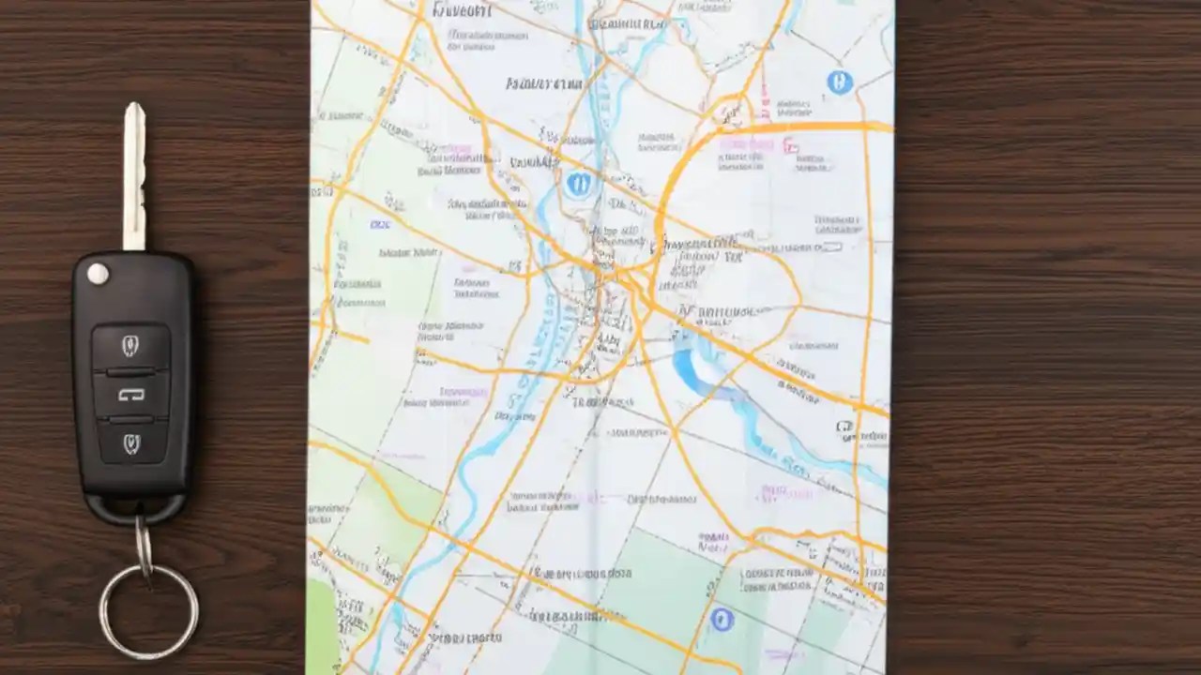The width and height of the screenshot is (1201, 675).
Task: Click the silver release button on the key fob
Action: click(98, 274)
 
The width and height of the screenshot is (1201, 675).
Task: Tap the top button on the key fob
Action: click(130, 346)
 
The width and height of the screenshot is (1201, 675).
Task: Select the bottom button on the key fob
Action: click(130, 443)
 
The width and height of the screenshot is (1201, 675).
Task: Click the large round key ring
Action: click(149, 610)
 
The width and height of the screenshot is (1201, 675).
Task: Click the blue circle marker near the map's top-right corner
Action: click(840, 82)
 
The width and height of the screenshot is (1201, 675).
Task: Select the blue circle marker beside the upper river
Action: click(580, 184)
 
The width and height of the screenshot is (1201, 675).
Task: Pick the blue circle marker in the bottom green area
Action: click(721, 619)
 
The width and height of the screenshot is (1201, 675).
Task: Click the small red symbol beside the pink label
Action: click(790, 145)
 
